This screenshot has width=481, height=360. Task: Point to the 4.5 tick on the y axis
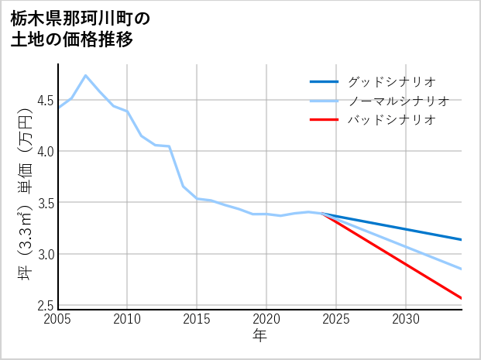coord(45,100)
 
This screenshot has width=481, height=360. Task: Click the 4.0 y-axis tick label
coord(45,151)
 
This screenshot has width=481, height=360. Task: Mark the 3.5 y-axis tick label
coord(45,203)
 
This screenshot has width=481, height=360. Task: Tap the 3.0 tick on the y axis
coord(45,254)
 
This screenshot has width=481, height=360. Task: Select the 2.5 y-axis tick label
coord(45,306)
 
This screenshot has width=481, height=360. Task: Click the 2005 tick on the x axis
coord(58,319)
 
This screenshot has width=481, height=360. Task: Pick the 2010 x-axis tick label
coord(127,319)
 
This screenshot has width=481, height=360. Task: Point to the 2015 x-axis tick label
coord(197,319)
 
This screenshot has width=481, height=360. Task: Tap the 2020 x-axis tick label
coord(266,319)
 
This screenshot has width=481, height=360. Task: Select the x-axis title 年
coord(260,335)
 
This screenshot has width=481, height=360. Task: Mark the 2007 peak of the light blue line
coord(85,75)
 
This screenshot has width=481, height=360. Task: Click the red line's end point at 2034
coord(462,298)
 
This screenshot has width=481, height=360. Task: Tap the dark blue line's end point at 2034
coord(462,240)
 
